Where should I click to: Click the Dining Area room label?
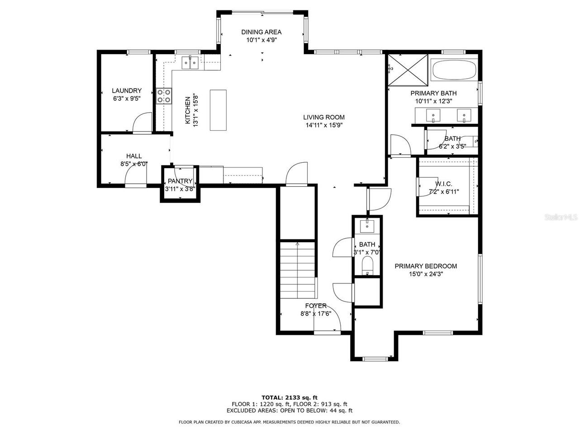pos(261,32)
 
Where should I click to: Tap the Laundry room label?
pos(127,90)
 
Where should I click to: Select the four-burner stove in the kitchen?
pos(164,96)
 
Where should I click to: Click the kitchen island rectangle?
pos(218,110)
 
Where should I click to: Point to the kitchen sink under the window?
pos(190,63)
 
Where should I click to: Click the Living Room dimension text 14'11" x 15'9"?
pos(323,125)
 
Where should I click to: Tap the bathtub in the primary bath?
pos(454,71)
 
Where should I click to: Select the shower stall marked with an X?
pos(408,69)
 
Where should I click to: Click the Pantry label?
pos(180,181)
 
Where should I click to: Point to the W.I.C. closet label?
pos(443,184)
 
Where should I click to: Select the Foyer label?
pos(316,306)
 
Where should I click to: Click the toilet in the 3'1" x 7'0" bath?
pos(367,266)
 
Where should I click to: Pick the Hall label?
pos(134,156)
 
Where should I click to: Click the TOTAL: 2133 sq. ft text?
pos(292,397)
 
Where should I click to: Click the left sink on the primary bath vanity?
pos(433,116)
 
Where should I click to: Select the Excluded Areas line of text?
pos(289,410)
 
